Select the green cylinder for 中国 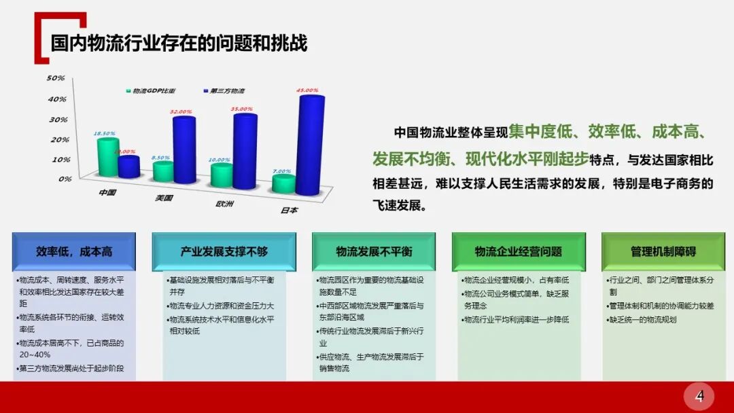(x=107, y=158)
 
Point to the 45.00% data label (x=307, y=90)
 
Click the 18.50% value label (x=105, y=133)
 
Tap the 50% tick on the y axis (x=55, y=78)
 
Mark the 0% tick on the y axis (x=65, y=179)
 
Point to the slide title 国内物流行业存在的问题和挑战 (x=179, y=43)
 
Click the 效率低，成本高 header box (x=74, y=251)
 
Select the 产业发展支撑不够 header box (x=224, y=251)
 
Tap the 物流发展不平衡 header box (x=374, y=251)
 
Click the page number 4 (x=699, y=395)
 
